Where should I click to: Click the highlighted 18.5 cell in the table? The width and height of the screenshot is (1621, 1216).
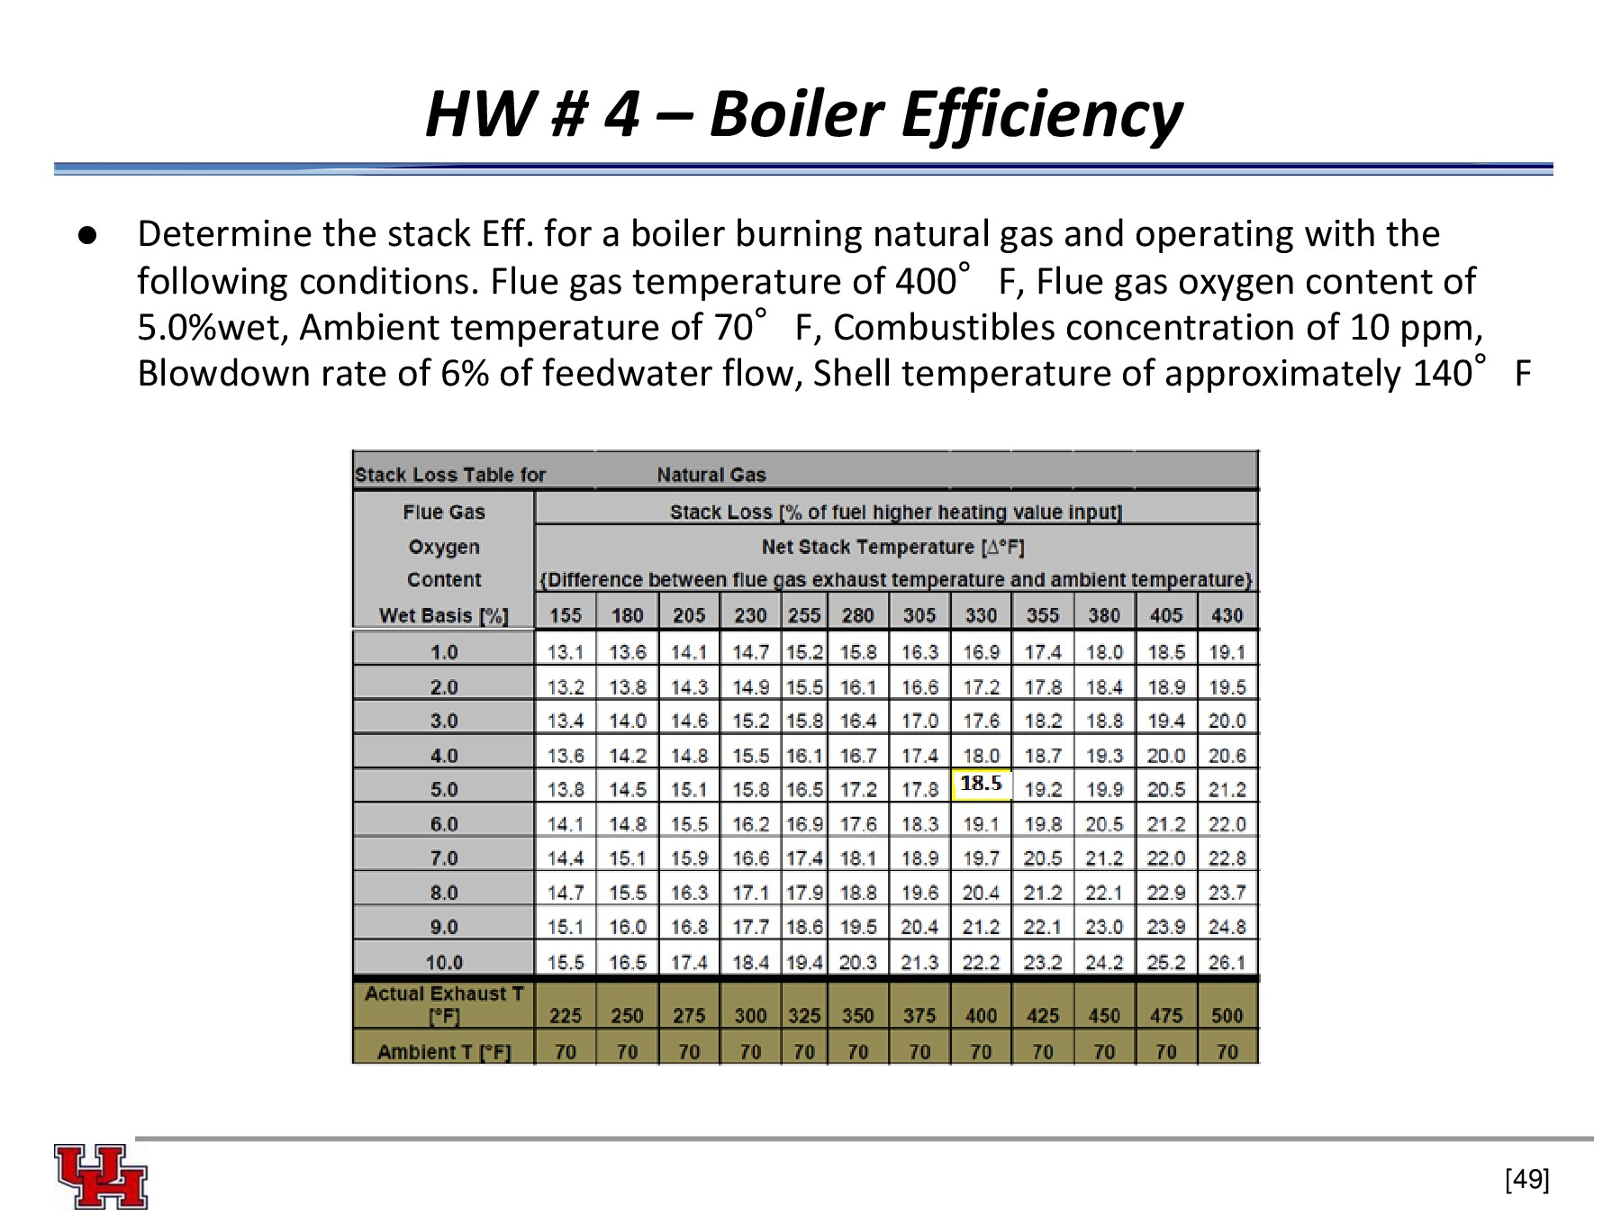coord(981,784)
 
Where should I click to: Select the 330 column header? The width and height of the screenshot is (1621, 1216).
coord(981,615)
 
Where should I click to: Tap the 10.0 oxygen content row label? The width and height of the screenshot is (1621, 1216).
coord(444,962)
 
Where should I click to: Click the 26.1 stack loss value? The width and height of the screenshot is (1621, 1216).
coord(1227,962)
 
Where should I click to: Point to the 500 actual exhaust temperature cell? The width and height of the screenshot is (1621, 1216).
coord(1227,1015)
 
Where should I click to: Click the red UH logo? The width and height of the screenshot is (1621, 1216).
coord(101,1176)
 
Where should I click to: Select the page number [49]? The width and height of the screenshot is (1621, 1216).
coord(1526,1178)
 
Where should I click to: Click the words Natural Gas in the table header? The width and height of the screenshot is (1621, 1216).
coord(711,475)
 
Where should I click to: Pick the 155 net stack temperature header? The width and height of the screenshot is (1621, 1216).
coord(566,615)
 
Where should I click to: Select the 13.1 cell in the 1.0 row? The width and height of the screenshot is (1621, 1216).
coord(566,652)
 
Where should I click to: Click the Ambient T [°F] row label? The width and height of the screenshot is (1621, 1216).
coord(444,1051)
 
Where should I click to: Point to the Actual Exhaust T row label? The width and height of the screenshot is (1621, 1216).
coord(444,1004)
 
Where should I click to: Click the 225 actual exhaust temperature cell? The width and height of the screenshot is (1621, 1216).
coord(566,1015)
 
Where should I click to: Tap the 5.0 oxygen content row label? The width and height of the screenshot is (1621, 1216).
coord(444,790)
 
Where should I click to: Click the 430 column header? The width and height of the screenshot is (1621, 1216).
coord(1227,615)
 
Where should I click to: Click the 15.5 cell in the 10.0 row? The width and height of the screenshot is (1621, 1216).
coord(566,962)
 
